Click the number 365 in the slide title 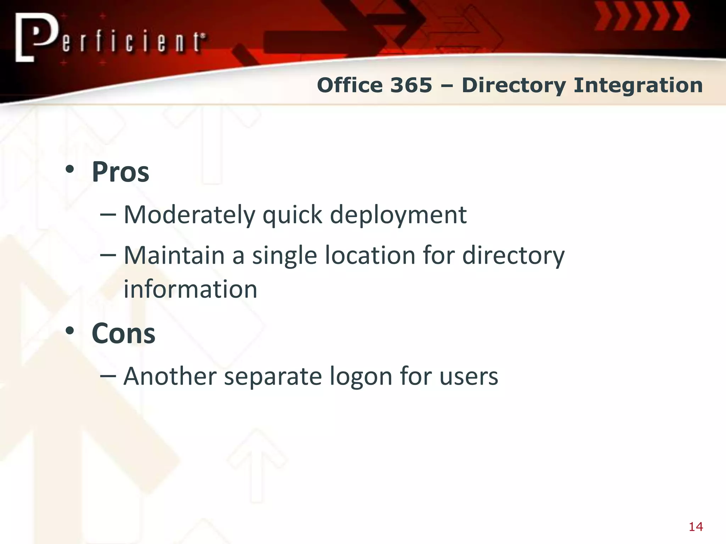411,85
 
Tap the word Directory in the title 514,86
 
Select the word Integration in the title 638,86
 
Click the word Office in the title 350,85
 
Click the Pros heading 120,172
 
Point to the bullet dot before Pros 70,169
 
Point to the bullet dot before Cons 70,331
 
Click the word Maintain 174,255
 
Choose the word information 190,289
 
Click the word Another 170,376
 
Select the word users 469,377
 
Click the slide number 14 696,527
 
